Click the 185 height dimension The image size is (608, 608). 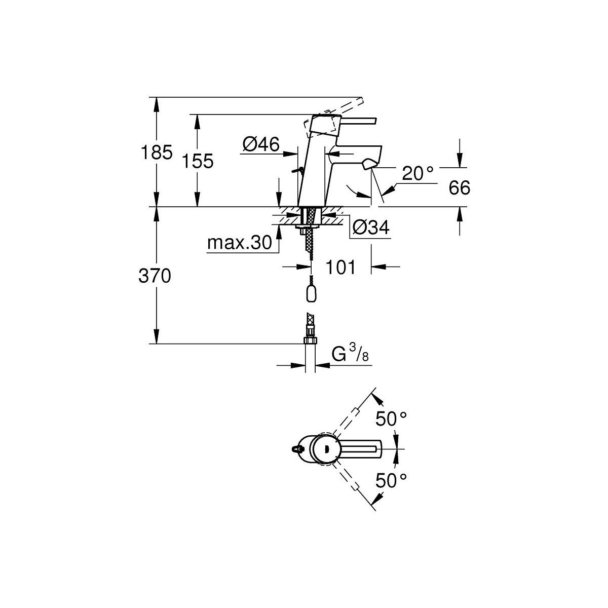157,153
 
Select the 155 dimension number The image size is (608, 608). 198,161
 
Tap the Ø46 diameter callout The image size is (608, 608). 261,144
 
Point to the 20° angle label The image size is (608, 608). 417,173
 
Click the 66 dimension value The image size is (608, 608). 460,188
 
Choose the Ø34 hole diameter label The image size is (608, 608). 371,227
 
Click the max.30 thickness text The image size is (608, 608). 240,243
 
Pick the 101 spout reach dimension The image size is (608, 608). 340,267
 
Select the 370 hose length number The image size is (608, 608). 155,276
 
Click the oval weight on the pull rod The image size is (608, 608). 311,294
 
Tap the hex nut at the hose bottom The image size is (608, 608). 311,340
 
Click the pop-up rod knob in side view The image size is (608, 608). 297,171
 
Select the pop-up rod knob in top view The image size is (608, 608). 295,449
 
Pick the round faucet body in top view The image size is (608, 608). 323,449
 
